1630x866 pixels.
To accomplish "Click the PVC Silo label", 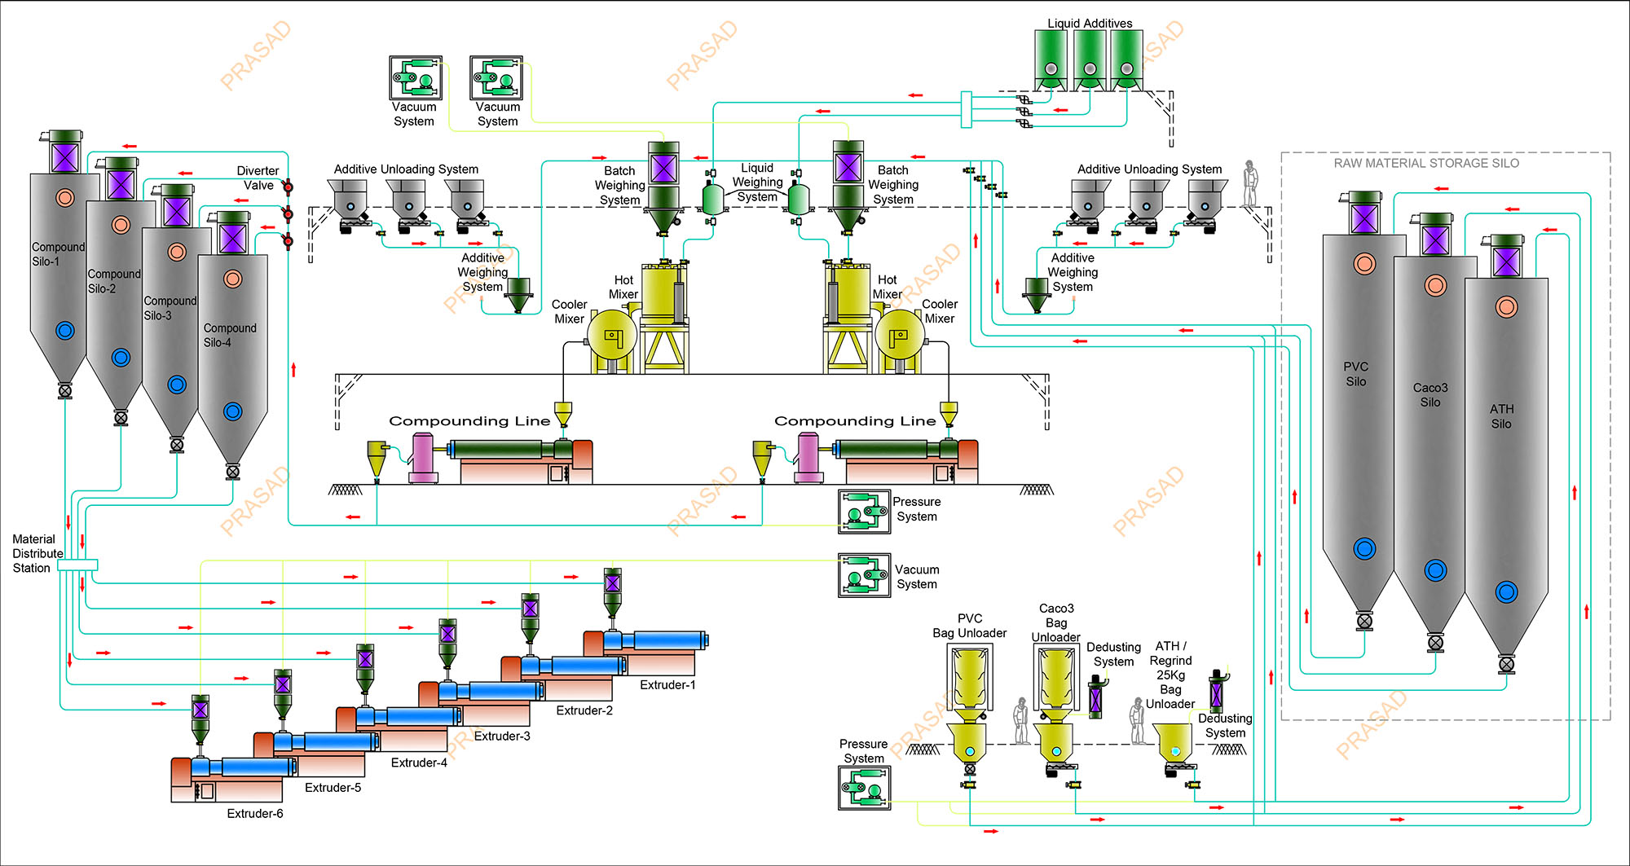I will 1356,374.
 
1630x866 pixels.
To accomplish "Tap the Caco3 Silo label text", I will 1430,395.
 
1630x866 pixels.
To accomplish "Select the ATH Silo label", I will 1501,416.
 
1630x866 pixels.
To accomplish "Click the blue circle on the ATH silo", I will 1506,592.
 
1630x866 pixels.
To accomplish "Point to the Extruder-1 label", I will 667,685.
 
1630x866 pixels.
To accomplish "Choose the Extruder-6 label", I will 255,814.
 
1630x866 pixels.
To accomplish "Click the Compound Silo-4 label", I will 229,335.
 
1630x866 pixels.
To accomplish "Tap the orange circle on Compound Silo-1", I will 65,197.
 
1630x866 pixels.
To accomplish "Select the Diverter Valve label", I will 258,178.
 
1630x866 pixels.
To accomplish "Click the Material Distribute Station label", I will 37,554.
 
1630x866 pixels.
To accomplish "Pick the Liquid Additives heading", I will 1090,24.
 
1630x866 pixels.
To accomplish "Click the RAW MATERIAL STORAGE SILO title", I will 1426,164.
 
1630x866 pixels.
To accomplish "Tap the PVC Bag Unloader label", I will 969,626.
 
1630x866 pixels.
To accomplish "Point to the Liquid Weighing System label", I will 757,182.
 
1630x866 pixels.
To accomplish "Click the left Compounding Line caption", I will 469,421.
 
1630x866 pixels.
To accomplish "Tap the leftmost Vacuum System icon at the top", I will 416,78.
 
